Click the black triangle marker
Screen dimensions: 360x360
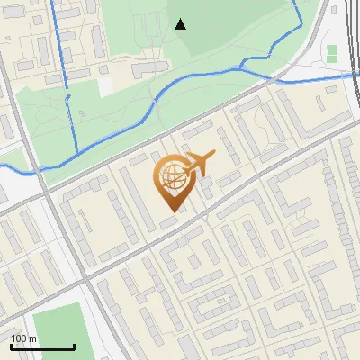(x=181, y=23)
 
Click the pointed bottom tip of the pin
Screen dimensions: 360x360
(x=171, y=211)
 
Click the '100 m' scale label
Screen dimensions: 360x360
(x=23, y=338)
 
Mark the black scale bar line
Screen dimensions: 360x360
(x=42, y=346)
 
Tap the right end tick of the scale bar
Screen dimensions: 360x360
(x=74, y=345)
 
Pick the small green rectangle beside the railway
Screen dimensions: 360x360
(x=331, y=53)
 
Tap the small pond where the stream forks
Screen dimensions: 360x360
(x=242, y=65)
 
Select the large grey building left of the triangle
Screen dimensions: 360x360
(x=144, y=69)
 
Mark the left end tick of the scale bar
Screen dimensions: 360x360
(x=11, y=345)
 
